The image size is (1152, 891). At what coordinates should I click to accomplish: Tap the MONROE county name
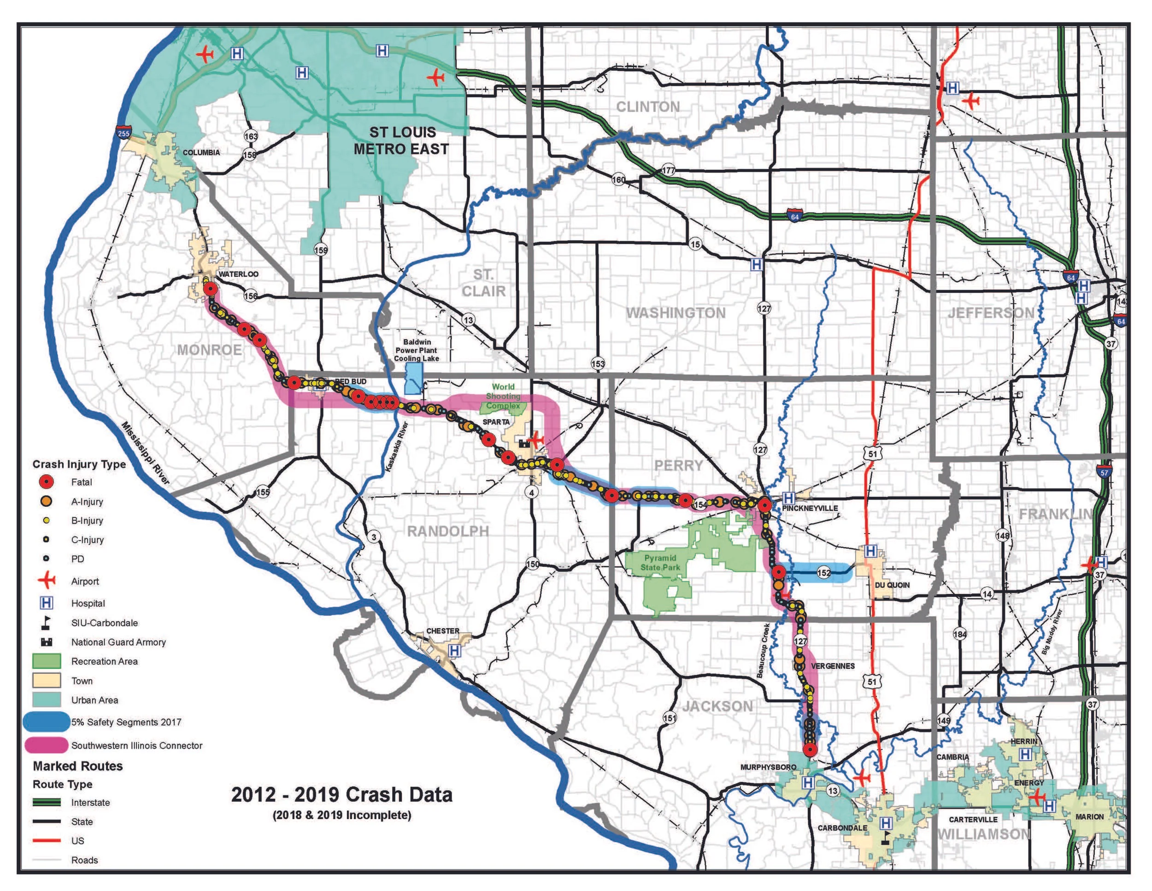click(x=209, y=350)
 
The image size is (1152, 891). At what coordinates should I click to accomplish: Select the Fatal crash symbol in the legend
click(x=47, y=482)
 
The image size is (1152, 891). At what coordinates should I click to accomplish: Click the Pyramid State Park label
click(x=660, y=563)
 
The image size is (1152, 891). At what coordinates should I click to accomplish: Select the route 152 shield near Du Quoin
click(x=823, y=573)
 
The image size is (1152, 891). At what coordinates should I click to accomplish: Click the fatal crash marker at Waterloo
click(x=211, y=289)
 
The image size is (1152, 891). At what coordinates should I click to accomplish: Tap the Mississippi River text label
click(x=146, y=453)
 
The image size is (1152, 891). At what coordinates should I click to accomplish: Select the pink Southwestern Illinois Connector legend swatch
click(x=47, y=745)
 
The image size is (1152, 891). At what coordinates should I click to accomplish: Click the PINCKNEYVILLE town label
click(x=809, y=508)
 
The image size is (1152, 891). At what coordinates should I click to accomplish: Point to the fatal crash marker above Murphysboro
click(x=810, y=750)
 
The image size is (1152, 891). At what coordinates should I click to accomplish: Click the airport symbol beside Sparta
click(x=536, y=439)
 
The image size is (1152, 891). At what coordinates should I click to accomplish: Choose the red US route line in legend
click(x=47, y=841)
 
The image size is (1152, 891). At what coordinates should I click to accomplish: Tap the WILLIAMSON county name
click(x=983, y=834)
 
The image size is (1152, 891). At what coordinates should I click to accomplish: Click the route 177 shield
click(x=668, y=170)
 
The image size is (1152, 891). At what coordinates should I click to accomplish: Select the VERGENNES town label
click(x=832, y=666)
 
